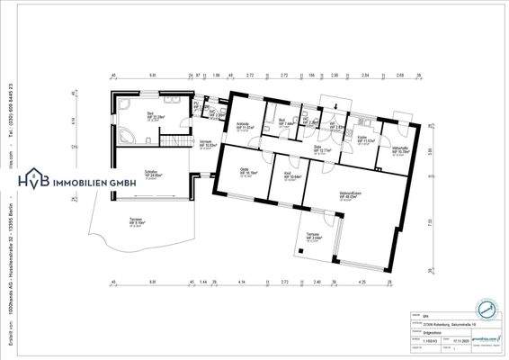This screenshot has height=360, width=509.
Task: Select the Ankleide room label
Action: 244,125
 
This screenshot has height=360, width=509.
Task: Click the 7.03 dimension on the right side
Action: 430,220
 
